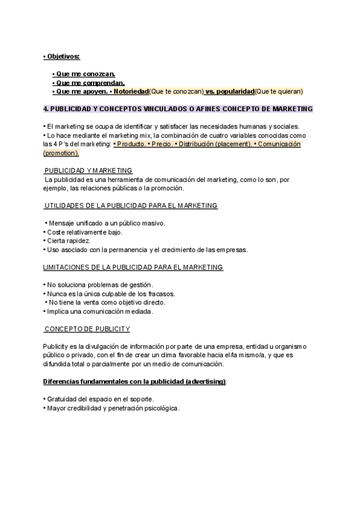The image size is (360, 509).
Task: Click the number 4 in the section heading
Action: click(x=46, y=109)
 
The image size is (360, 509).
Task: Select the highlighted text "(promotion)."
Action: click(x=61, y=153)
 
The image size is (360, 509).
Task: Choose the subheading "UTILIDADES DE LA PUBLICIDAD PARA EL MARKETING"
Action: click(x=130, y=206)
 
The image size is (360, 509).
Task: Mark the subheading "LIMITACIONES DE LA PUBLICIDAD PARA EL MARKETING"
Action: click(x=133, y=267)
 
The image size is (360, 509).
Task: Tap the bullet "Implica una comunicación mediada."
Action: click(x=100, y=312)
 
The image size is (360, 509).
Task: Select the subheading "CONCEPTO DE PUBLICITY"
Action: click(x=88, y=329)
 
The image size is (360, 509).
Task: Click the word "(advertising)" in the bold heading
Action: click(x=206, y=382)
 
